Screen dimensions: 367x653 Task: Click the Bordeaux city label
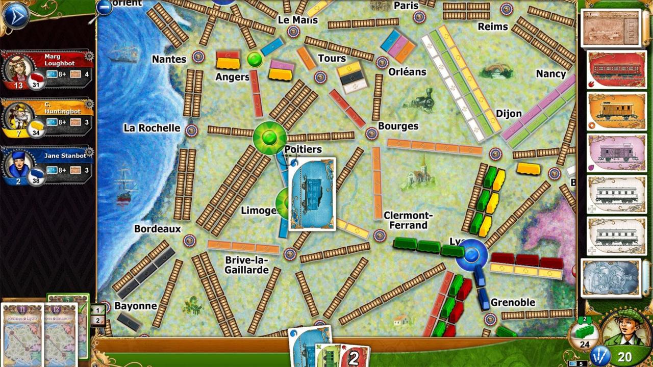[x=157, y=229]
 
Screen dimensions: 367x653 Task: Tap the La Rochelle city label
[x=152, y=128]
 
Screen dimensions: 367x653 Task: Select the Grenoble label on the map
[x=513, y=302]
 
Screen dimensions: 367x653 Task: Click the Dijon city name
[x=509, y=113]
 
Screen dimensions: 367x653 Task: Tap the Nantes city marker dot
[x=198, y=57]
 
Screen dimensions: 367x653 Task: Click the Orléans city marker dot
[x=382, y=63]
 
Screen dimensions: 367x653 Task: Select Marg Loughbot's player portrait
[x=19, y=67]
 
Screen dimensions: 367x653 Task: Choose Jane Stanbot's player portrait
[x=19, y=164]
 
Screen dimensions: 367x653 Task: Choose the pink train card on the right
[x=617, y=153]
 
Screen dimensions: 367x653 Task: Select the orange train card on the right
[x=617, y=111]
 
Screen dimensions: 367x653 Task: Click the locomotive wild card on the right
[x=611, y=278]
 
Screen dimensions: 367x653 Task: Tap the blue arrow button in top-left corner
[x=15, y=15]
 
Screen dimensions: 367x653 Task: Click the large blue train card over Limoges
[x=312, y=194]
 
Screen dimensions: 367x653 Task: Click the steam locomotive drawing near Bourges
[x=421, y=99]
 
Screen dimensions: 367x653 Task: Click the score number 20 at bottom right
[x=624, y=357]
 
